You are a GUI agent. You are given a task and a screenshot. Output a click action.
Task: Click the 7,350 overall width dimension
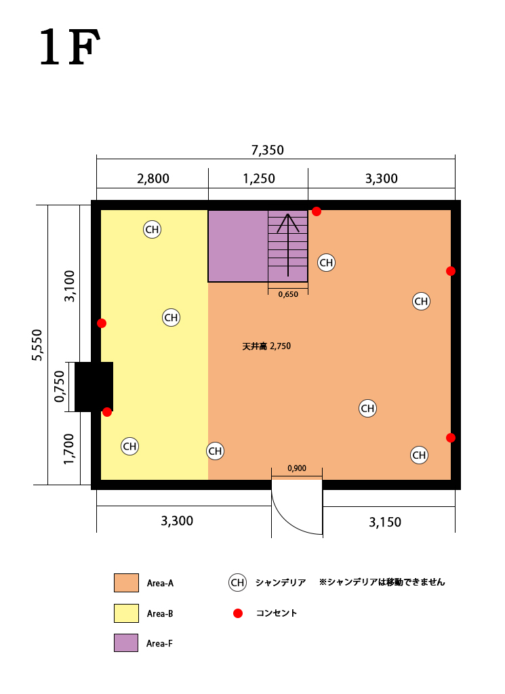(x=267, y=150)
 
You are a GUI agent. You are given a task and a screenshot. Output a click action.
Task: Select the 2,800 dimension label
(x=153, y=178)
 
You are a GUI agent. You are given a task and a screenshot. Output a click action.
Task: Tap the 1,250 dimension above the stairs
(x=259, y=178)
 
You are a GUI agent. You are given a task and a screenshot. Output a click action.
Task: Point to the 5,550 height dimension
(x=37, y=345)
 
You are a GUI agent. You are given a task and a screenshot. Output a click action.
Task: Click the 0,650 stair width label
(x=288, y=294)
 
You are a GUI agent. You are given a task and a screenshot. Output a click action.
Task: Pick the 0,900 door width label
(x=296, y=468)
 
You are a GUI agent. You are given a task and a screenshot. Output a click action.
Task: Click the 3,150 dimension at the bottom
(x=385, y=523)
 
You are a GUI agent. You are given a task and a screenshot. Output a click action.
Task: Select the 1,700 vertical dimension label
(x=69, y=449)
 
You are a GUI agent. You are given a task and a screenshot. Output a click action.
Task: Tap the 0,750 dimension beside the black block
(x=59, y=386)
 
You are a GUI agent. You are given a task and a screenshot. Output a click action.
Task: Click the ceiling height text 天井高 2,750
(x=266, y=346)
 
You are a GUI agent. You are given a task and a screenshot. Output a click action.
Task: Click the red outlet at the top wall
(x=317, y=211)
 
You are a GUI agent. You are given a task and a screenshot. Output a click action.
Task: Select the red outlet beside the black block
(x=107, y=412)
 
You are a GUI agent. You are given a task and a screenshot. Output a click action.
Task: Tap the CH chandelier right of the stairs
(x=326, y=263)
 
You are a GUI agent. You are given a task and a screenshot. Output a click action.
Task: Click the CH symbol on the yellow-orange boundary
(x=215, y=451)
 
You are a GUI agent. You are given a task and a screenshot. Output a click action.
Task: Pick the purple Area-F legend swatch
(x=126, y=642)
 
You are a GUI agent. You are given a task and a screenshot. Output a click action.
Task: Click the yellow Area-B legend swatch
(x=126, y=613)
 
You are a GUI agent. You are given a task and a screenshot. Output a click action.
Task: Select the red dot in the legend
(x=238, y=613)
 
